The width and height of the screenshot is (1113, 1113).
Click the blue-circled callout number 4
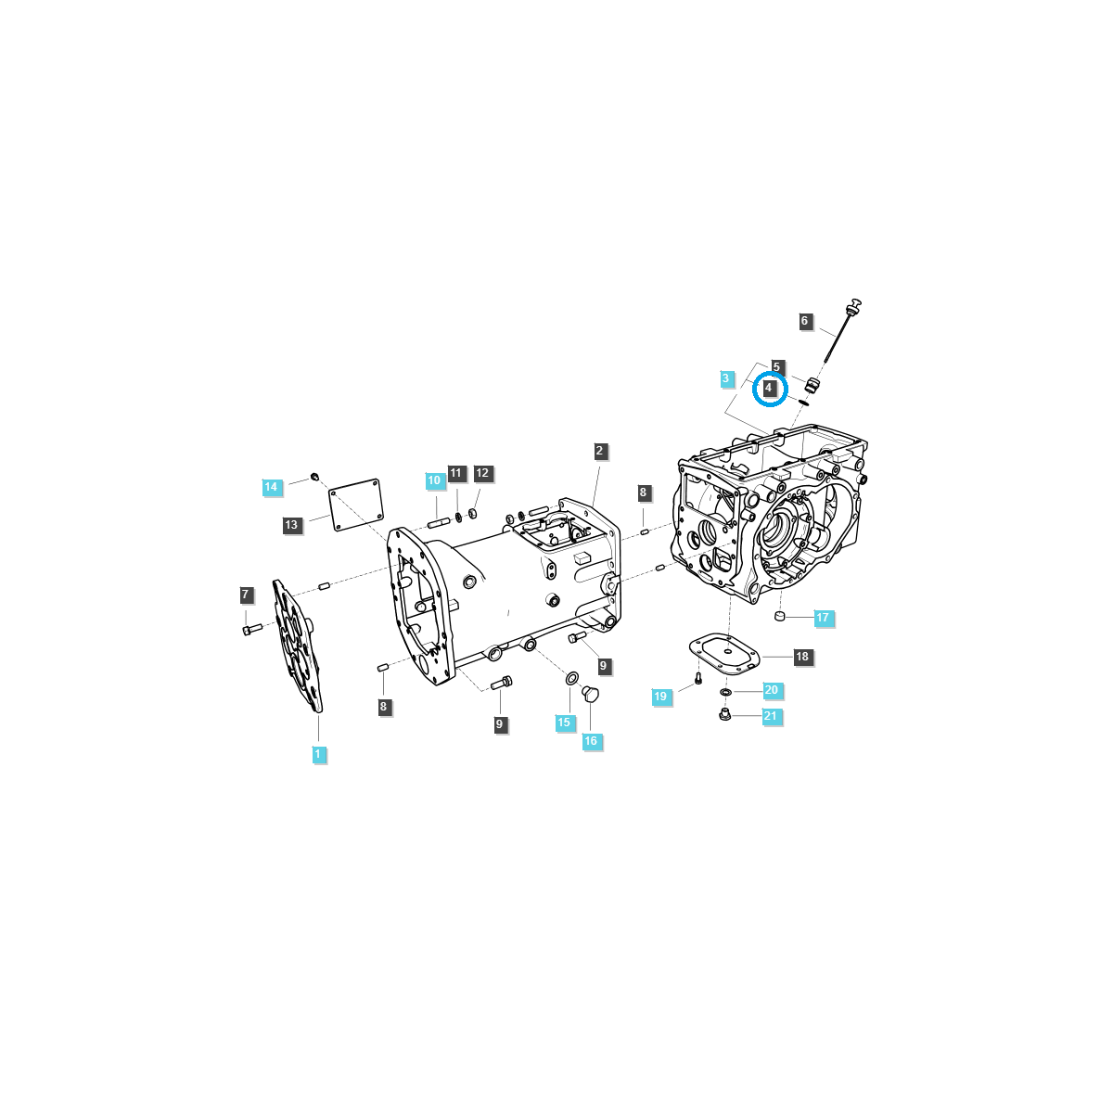click(x=769, y=388)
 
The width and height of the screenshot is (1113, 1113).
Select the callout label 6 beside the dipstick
click(x=804, y=322)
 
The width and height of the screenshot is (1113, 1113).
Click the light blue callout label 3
click(x=726, y=378)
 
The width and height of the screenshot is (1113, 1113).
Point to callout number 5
click(x=777, y=367)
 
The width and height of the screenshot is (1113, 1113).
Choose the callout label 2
click(x=599, y=451)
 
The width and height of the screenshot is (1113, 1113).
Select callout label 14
click(x=270, y=487)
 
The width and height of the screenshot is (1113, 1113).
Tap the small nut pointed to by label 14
click(x=314, y=477)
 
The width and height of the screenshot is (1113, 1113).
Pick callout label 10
click(x=434, y=480)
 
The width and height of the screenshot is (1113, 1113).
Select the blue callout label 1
click(x=317, y=754)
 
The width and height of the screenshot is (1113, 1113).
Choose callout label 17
click(x=823, y=618)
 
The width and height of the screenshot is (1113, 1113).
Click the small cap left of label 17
click(x=781, y=617)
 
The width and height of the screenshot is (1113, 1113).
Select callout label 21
click(x=770, y=716)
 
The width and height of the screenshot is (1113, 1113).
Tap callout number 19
click(x=659, y=697)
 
